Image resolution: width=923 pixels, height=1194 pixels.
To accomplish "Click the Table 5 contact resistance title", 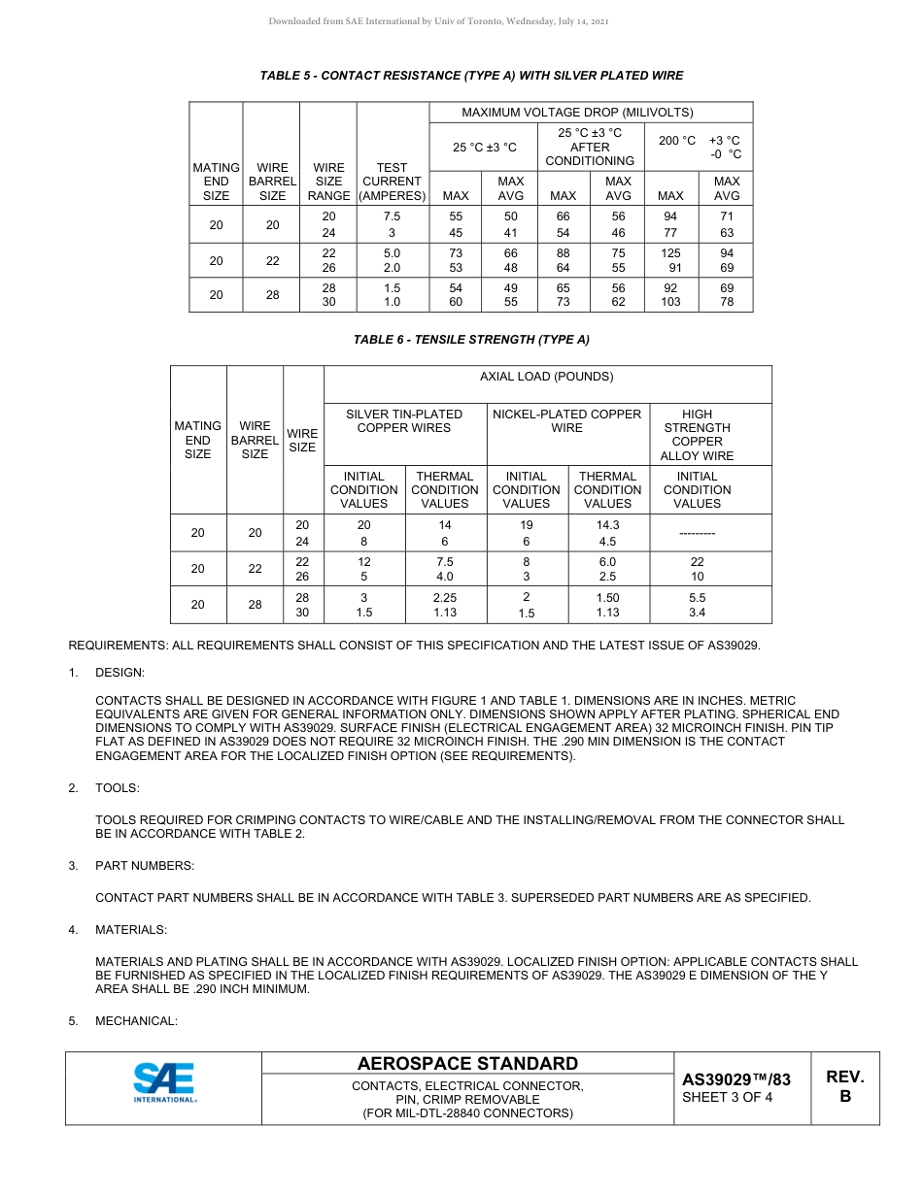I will tap(471, 76).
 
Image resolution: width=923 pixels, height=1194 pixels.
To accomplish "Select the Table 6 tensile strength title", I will tap(471, 340).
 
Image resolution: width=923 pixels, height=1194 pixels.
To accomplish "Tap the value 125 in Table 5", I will tap(670, 253).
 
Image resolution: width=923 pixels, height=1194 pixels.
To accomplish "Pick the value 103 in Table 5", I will tap(670, 302).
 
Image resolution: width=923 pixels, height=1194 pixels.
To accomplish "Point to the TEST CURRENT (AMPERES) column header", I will tap(393, 182).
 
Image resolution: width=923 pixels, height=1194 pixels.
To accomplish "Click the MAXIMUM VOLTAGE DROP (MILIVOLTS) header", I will tap(591, 113).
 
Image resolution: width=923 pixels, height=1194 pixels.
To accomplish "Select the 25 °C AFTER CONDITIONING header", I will tap(590, 147).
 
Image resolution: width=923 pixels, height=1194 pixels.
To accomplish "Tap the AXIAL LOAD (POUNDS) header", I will tap(547, 377).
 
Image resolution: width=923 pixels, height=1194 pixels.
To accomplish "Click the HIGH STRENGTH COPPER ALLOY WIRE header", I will tap(697, 435).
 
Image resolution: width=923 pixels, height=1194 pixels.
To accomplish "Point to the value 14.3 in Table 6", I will tap(607, 525).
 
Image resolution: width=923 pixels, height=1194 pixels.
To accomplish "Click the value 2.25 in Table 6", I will tap(445, 599).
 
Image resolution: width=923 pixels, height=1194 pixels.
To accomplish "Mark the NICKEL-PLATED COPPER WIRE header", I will tap(567, 420).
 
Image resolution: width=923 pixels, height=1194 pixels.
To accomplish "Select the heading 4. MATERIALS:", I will tap(130, 930).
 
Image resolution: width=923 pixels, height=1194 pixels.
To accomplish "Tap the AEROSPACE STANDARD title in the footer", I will tap(467, 1064).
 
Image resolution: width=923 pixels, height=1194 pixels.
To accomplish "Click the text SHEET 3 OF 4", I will tap(728, 1098).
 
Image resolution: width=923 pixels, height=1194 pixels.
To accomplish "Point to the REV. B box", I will tap(844, 1087).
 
